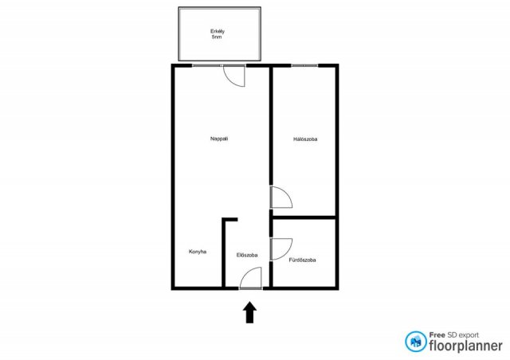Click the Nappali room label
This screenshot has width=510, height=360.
click(x=219, y=139)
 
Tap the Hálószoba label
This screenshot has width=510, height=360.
click(x=305, y=139)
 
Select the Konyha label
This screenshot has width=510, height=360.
click(x=198, y=252)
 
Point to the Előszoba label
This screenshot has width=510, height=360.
click(x=247, y=255)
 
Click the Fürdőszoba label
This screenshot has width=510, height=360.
click(x=302, y=260)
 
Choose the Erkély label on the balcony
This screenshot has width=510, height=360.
click(x=218, y=32)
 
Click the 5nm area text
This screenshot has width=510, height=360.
click(x=217, y=37)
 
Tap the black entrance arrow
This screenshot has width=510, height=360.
click(x=249, y=312)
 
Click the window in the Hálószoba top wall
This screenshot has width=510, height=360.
click(x=304, y=65)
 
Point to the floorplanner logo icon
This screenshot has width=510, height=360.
click(x=415, y=342)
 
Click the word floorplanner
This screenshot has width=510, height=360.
click(x=465, y=346)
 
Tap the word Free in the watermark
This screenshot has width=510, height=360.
click(x=437, y=335)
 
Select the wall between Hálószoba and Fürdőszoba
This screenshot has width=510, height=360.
click(x=304, y=217)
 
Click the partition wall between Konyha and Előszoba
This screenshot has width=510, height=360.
click(x=223, y=252)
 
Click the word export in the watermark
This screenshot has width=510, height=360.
click(x=469, y=335)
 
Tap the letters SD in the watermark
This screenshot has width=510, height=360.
click(x=452, y=335)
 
